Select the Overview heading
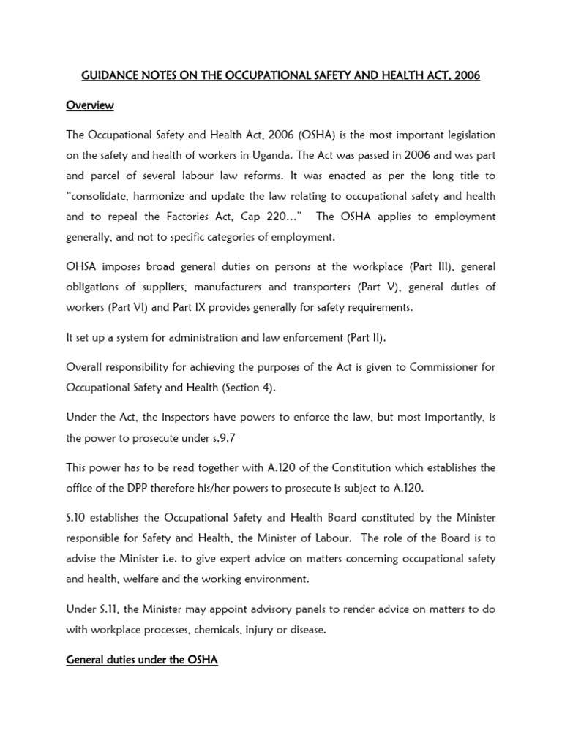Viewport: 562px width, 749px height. coord(90,105)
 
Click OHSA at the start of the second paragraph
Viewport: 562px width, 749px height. coord(82,267)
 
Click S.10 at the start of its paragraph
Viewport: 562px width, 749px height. coord(77,519)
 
